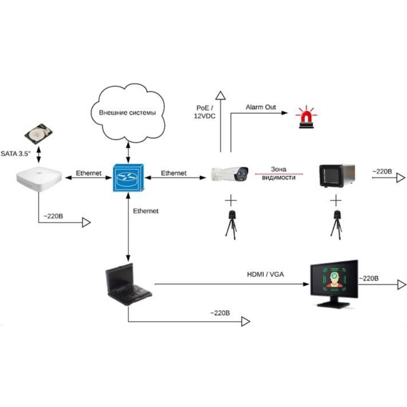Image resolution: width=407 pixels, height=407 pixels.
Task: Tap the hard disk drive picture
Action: point(38,134)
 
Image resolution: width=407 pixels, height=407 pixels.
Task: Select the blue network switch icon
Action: point(128,178)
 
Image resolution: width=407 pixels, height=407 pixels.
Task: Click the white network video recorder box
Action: point(39,179)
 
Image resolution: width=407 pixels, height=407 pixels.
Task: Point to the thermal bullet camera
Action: point(229,173)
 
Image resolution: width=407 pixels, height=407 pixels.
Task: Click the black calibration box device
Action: point(337,175)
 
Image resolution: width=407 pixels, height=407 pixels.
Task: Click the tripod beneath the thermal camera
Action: point(231,224)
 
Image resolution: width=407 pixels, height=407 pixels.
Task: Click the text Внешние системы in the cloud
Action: point(127,113)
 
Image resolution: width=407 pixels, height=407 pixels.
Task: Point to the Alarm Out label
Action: point(261,107)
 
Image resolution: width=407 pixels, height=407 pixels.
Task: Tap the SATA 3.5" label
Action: point(15,153)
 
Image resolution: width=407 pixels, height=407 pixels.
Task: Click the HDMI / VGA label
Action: point(265,274)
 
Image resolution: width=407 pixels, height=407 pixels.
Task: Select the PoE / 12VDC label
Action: point(205,112)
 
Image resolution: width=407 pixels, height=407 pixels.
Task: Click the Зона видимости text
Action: point(279,173)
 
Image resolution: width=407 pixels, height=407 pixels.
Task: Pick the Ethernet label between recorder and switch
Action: point(88,173)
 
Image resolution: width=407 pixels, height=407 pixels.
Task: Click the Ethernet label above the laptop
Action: point(146,211)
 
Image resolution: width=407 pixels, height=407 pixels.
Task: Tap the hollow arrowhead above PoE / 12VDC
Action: point(220,95)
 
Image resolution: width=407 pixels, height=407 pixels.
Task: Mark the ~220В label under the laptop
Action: point(220,313)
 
